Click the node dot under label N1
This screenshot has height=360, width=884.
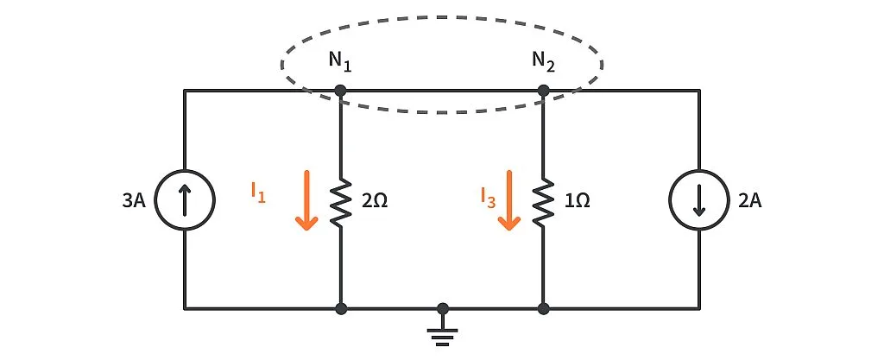click(341, 90)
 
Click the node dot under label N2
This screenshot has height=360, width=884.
click(543, 90)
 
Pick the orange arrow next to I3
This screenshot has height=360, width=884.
click(509, 200)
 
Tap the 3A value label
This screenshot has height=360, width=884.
click(139, 201)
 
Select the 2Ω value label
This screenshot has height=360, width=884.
click(374, 201)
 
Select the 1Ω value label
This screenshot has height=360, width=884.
click(576, 201)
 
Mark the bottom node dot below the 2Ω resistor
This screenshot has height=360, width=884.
click(341, 307)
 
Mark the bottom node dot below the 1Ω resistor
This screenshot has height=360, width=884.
click(543, 307)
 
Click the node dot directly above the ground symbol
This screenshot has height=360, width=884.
click(443, 307)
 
